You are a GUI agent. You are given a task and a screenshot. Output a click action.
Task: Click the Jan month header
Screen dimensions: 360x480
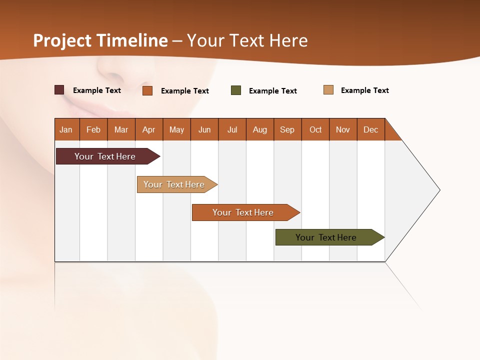pyautogui.click(x=66, y=129)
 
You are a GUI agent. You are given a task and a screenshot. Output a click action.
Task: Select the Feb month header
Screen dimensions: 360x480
pyautogui.click(x=93, y=129)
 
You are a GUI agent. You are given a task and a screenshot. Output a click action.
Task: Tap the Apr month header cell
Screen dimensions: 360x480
pyautogui.click(x=149, y=129)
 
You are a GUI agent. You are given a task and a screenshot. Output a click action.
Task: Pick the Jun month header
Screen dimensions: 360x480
pyautogui.click(x=204, y=129)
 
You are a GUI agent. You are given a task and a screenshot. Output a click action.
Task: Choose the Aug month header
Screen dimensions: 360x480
pyautogui.click(x=260, y=129)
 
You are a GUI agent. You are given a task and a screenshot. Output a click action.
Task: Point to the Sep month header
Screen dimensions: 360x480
pyautogui.click(x=287, y=129)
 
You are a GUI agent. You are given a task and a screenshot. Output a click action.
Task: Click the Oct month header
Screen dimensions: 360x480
pyautogui.click(x=315, y=129)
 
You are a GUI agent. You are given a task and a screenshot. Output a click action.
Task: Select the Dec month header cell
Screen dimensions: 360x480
pyautogui.click(x=371, y=129)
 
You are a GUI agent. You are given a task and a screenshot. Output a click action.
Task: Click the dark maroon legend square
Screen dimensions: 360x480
pyautogui.click(x=59, y=90)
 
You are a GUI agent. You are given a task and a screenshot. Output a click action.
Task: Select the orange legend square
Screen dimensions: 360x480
pyautogui.click(x=147, y=90)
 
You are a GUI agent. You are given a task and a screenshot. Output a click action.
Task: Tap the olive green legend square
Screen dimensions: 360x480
pyautogui.click(x=236, y=90)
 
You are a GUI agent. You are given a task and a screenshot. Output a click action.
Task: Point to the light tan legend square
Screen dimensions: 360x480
pyautogui.click(x=328, y=90)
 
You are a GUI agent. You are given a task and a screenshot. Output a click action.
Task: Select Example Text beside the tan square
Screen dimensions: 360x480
pyautogui.click(x=364, y=90)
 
